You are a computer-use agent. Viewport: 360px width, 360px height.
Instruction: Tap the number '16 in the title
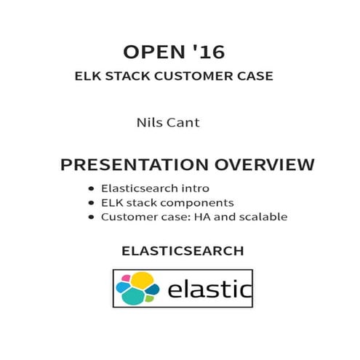(x=207, y=52)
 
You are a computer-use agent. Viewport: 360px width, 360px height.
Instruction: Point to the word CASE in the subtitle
(x=255, y=76)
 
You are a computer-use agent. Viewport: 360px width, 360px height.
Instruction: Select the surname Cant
(x=183, y=123)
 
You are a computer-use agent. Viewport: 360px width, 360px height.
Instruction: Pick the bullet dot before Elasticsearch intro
(x=90, y=188)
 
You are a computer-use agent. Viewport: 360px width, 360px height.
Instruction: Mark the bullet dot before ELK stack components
(x=90, y=202)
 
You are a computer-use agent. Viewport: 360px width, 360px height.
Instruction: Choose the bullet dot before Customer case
(x=90, y=217)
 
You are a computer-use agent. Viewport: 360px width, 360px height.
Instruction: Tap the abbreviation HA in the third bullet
(x=204, y=217)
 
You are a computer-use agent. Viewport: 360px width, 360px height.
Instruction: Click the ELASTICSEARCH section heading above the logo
(x=183, y=251)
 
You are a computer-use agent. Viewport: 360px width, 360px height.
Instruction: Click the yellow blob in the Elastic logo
(x=143, y=279)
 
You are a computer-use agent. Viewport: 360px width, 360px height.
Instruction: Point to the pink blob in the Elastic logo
(x=125, y=278)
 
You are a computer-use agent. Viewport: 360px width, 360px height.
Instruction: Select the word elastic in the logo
(x=209, y=290)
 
